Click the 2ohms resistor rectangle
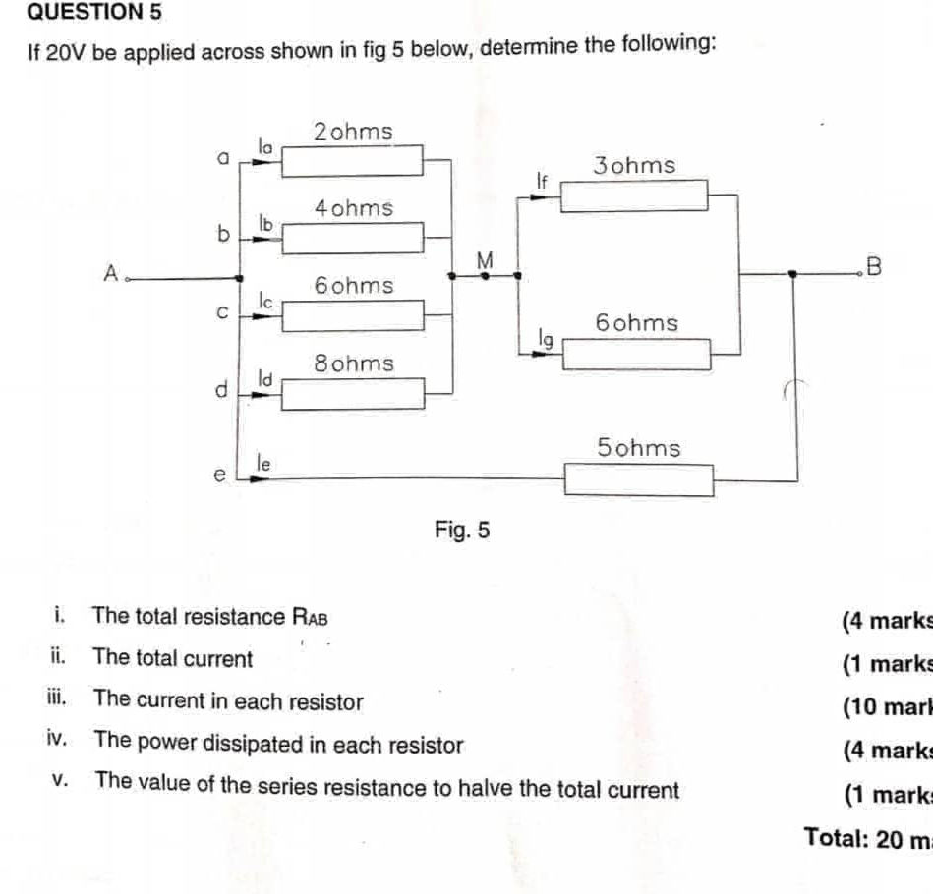[353, 159]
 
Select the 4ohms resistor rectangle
[353, 237]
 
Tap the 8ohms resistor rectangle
[354, 393]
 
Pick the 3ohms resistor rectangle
[634, 196]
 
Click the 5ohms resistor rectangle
[638, 480]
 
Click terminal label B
[874, 266]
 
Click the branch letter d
[221, 391]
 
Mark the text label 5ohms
[638, 448]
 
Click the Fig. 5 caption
[461, 531]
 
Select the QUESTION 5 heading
[81, 13]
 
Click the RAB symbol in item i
[310, 618]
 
